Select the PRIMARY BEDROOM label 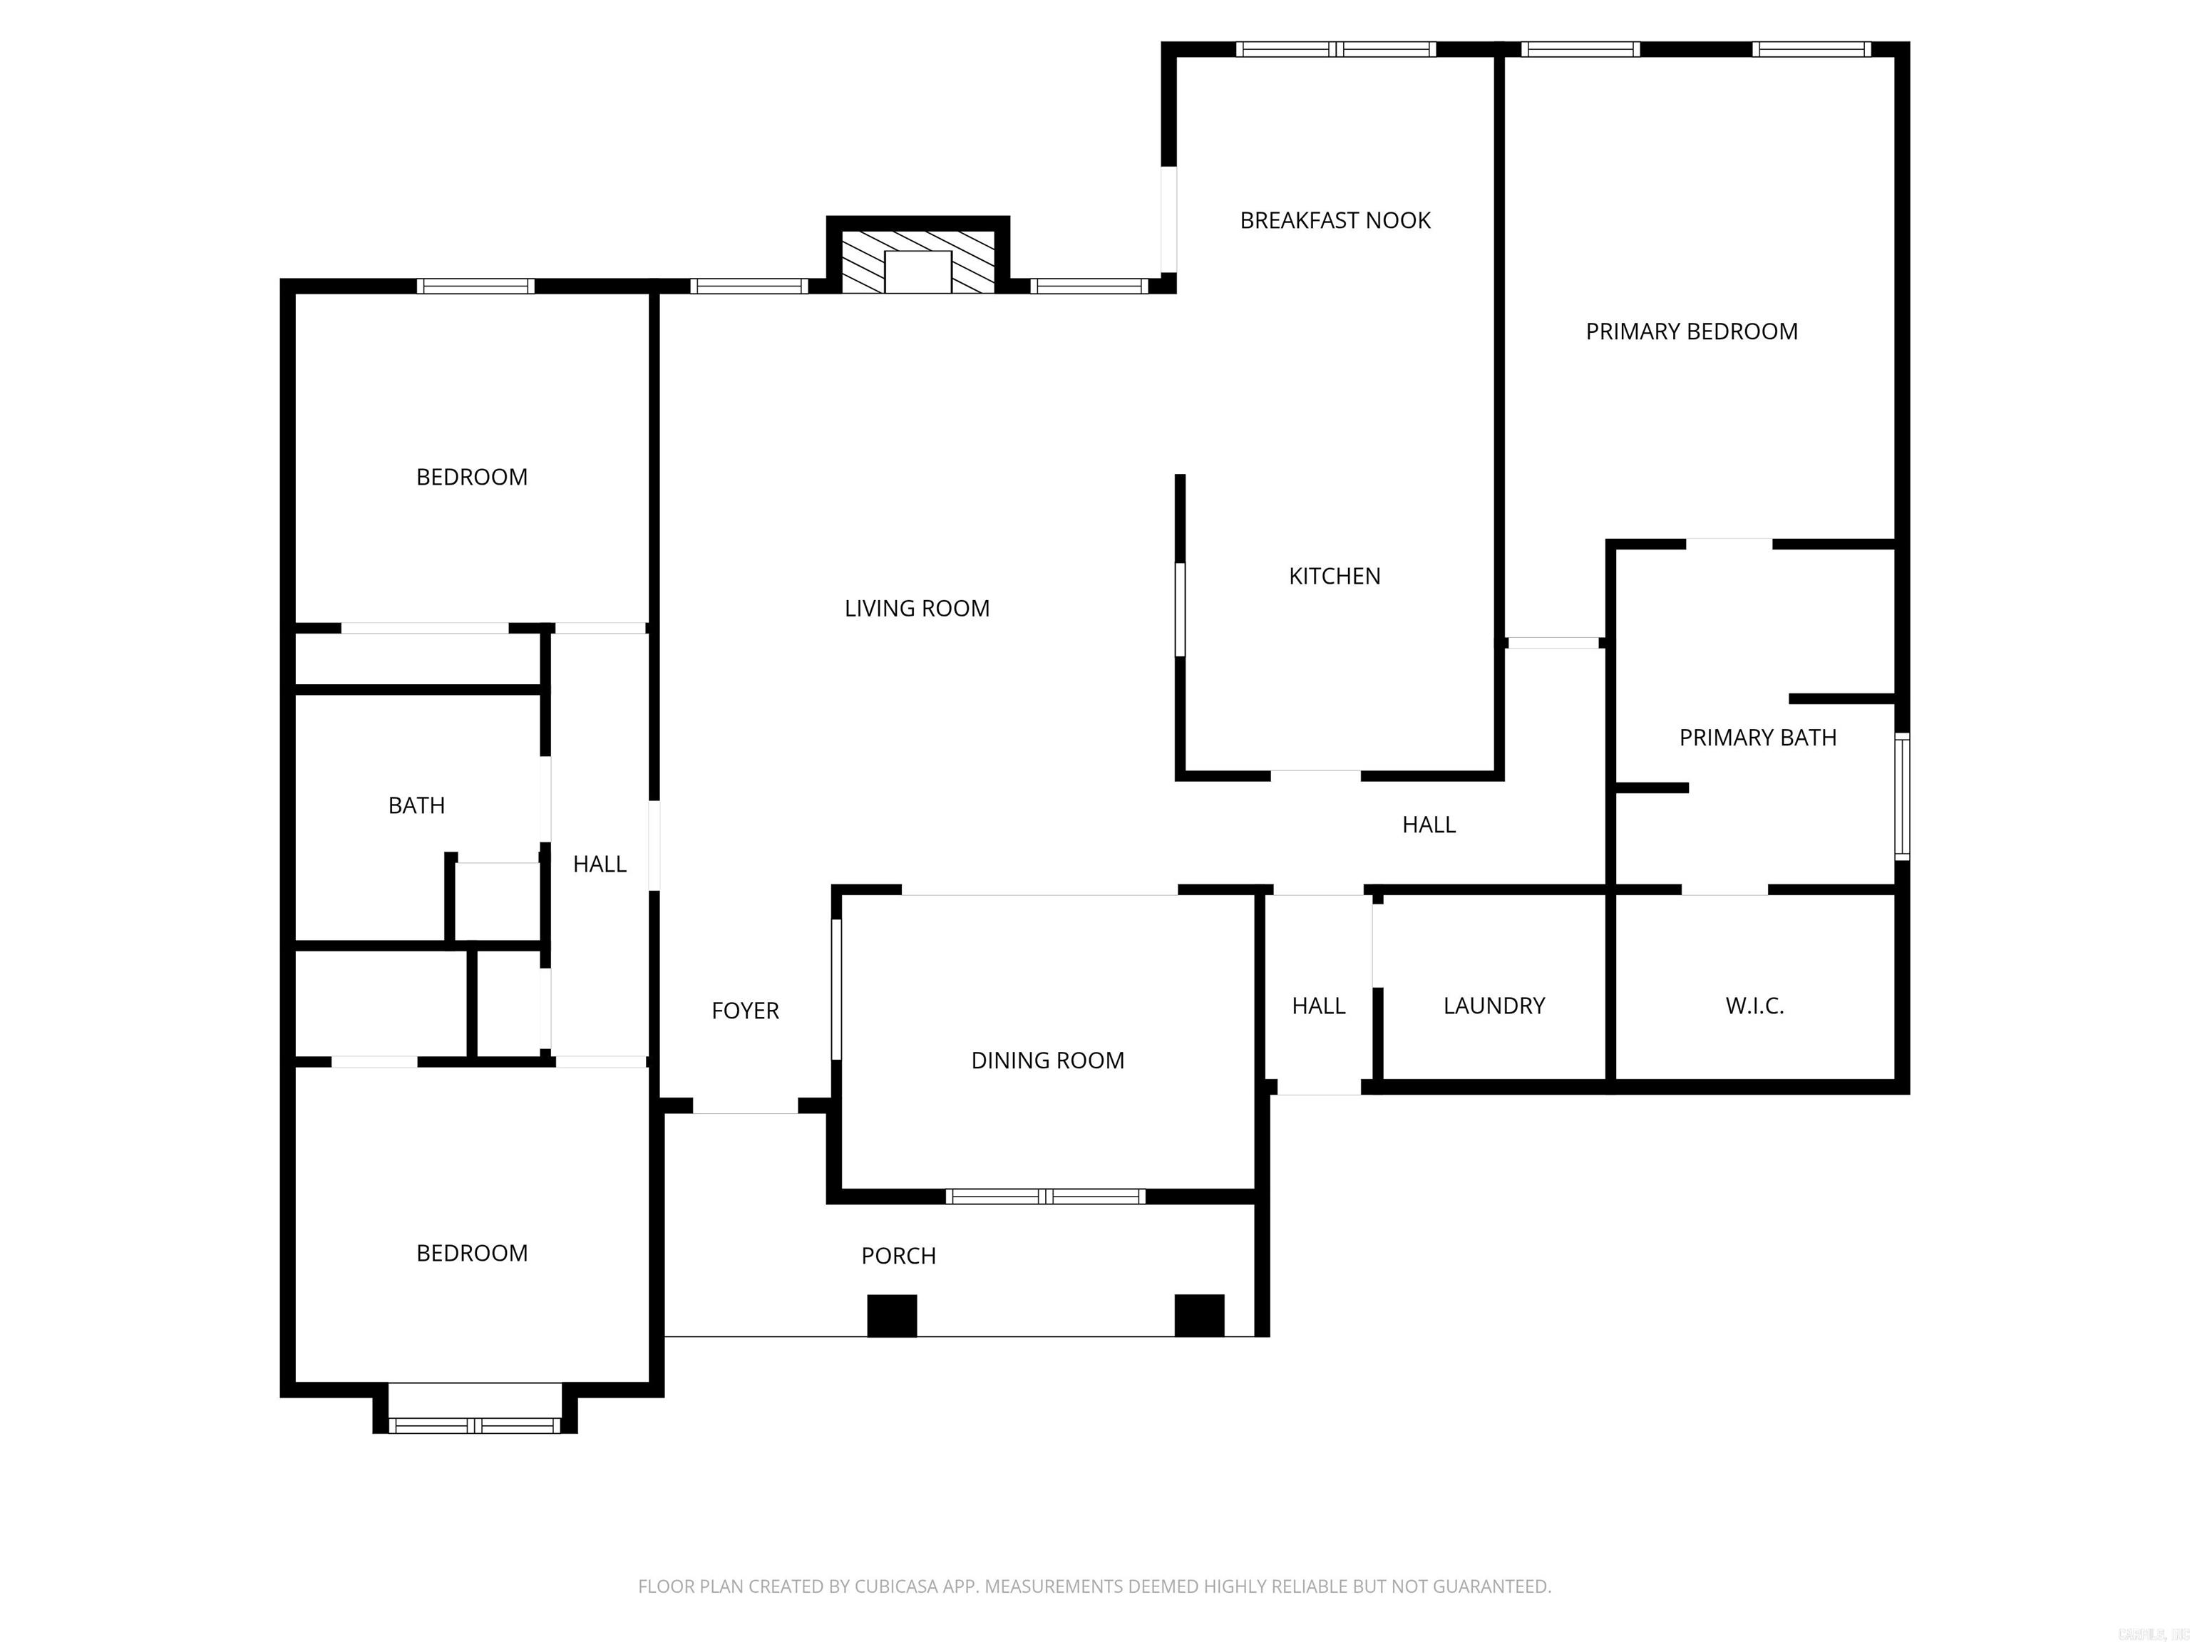(x=1691, y=331)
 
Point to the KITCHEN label (x=1334, y=576)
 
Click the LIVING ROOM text (x=917, y=609)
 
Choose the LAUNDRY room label (x=1493, y=1006)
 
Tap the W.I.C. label (x=1754, y=1006)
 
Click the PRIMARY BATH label (x=1757, y=738)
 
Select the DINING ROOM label (x=1047, y=1060)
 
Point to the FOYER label (x=744, y=1011)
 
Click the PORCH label (x=898, y=1255)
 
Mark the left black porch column (x=891, y=1316)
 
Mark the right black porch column (x=1199, y=1316)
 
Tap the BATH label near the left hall (x=416, y=805)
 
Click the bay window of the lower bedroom (x=474, y=1425)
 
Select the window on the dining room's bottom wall (x=1046, y=1197)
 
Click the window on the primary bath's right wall (x=1901, y=796)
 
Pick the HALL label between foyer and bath (x=599, y=864)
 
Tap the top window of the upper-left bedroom (x=475, y=286)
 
